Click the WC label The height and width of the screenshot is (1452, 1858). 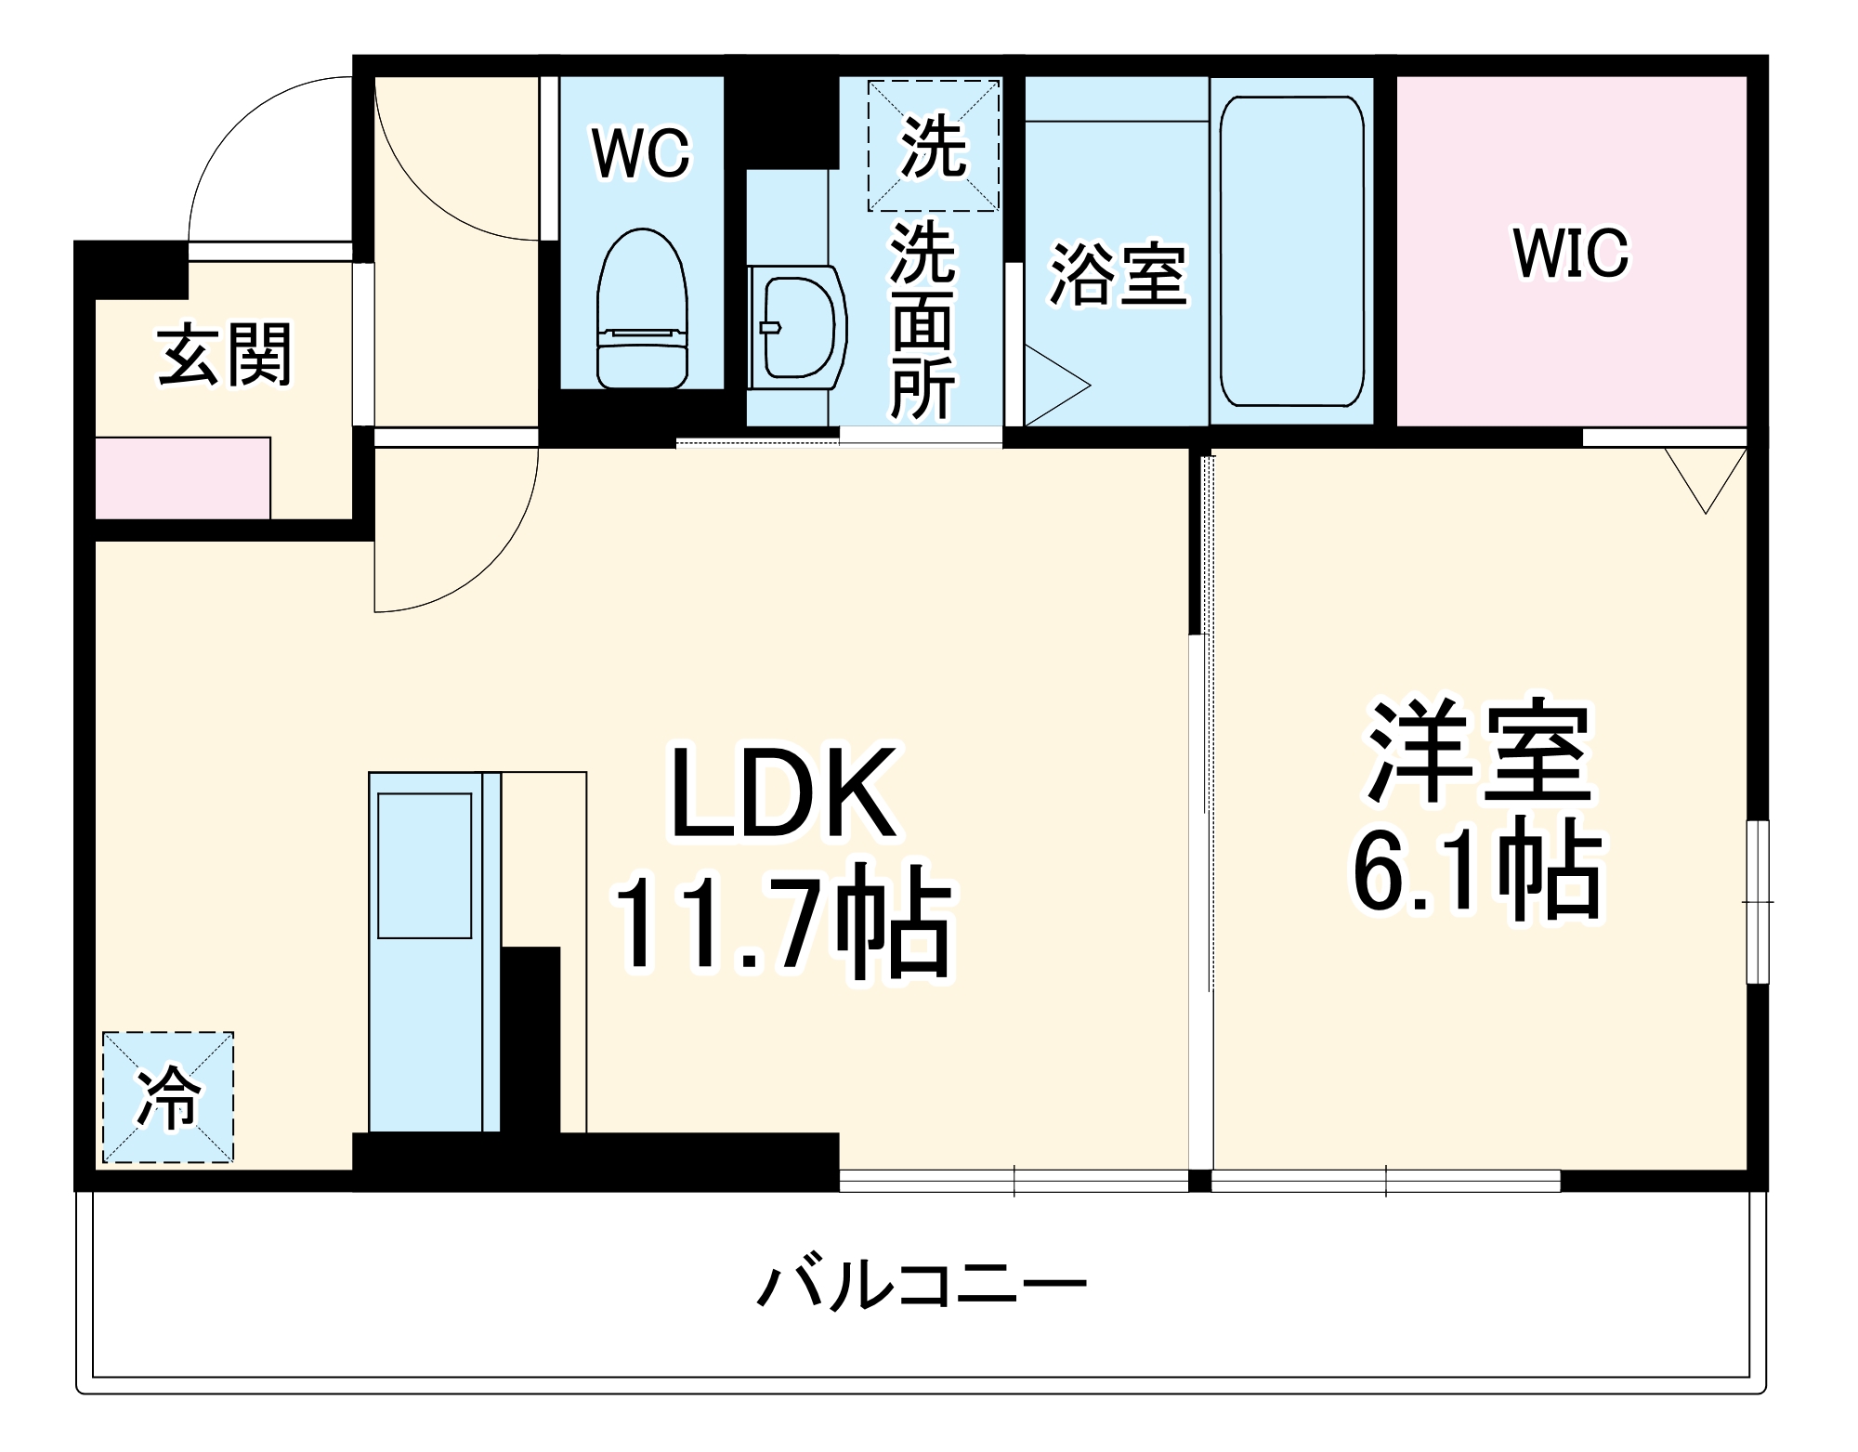tap(641, 153)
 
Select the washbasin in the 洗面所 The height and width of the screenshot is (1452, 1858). tap(797, 327)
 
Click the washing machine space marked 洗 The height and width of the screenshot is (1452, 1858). tap(934, 146)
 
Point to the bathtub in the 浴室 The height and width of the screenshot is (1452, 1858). tap(1291, 251)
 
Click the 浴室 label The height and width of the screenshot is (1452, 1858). tap(1119, 275)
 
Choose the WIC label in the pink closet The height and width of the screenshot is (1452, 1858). tap(1571, 253)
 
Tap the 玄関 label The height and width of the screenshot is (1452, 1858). tap(224, 355)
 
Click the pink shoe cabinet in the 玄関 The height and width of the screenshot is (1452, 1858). tap(183, 478)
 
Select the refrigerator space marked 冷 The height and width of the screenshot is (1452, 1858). tap(168, 1097)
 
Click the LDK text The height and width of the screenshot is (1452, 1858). tap(783, 793)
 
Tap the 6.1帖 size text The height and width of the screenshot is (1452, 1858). tap(1477, 870)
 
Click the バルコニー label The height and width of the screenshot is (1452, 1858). tap(922, 1287)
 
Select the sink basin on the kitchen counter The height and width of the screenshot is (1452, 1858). tap(425, 865)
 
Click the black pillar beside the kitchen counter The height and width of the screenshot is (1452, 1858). tap(530, 1040)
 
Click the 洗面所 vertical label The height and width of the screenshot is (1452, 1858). tap(922, 321)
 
